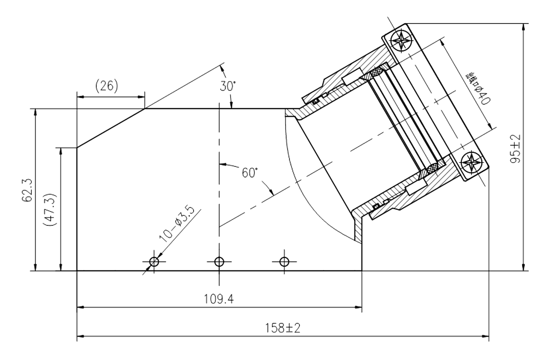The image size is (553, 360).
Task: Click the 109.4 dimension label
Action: (219, 300)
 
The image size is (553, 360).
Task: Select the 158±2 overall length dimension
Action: (282, 329)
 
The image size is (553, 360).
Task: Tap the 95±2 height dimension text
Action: (515, 148)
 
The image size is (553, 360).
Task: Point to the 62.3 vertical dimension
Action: (27, 190)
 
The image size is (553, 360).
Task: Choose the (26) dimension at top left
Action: (107, 86)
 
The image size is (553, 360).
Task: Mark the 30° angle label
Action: (228, 86)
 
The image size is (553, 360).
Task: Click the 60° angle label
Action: (250, 173)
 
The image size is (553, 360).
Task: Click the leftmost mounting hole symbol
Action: (154, 263)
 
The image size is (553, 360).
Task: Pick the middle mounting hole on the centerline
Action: (219, 263)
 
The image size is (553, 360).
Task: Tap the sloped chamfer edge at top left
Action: (111, 128)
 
